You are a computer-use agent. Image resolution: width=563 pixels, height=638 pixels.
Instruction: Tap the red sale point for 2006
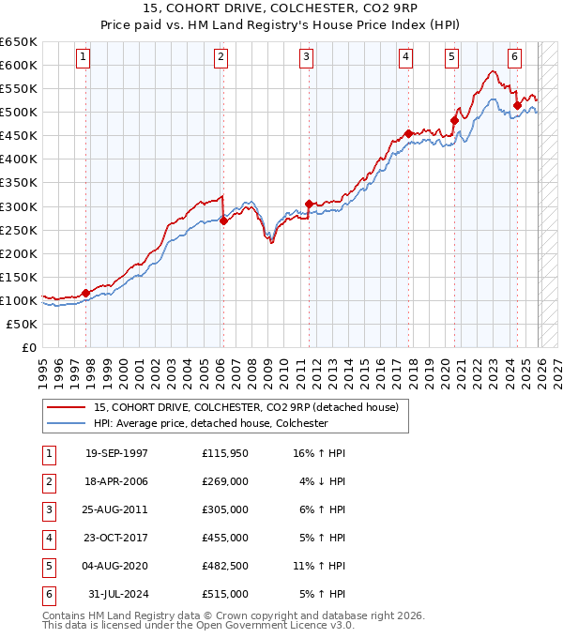[x=223, y=220]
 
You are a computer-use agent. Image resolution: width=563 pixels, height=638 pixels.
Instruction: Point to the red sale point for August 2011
[x=309, y=204]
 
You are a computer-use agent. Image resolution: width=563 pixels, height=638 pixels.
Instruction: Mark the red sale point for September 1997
[x=86, y=293]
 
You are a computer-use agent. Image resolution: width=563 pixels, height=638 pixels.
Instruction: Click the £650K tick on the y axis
[x=19, y=42]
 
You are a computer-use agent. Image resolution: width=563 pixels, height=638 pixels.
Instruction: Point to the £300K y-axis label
[x=19, y=206]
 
